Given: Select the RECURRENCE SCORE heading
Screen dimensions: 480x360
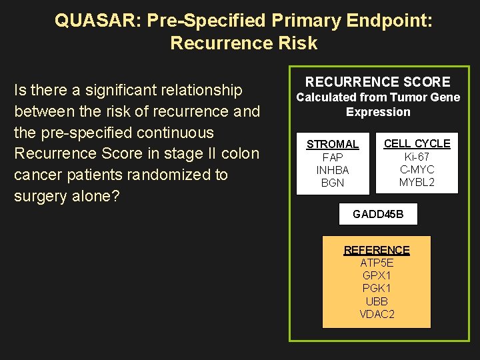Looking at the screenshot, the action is [378, 82].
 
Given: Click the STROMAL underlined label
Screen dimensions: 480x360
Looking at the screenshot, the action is [332, 144].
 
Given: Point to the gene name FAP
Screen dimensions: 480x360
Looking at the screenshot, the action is [332, 157].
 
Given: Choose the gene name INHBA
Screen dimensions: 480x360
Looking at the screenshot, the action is [332, 170].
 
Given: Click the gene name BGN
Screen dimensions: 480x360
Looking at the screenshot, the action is [332, 183].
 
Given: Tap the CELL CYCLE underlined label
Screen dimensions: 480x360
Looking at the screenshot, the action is [417, 143].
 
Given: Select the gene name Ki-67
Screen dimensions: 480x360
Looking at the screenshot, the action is [417, 157].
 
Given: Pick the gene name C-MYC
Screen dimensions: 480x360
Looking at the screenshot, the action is [417, 169].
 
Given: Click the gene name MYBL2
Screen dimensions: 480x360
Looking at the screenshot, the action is [417, 182].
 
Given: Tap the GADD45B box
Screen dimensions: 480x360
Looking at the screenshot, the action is [378, 215].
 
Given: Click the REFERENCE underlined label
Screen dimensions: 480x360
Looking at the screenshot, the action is [377, 250].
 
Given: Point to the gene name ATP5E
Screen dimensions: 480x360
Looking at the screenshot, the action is [377, 263].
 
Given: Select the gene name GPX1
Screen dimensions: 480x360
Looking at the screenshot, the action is [377, 275].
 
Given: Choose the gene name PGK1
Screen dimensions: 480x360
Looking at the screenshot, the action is [377, 288].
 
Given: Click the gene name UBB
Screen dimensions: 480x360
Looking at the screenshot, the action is [377, 301].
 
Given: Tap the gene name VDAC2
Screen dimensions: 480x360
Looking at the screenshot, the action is [377, 314].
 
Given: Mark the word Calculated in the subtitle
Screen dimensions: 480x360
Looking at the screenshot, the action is [327, 97].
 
